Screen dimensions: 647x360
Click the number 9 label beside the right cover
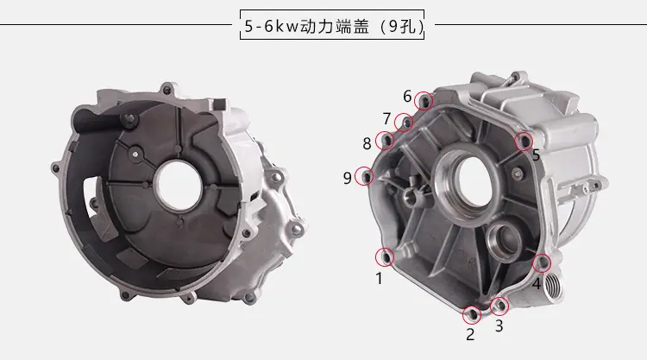pyautogui.click(x=348, y=178)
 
